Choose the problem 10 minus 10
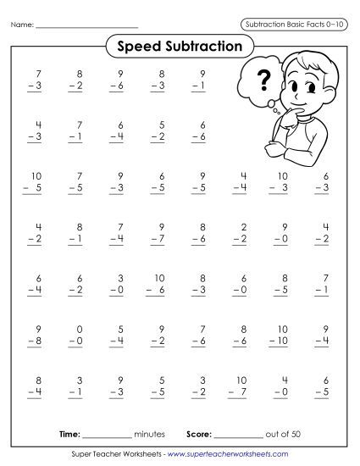[282, 335]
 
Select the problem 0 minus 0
[79, 335]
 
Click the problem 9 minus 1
[200, 80]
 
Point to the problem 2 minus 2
[241, 233]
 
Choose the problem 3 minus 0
[119, 284]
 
